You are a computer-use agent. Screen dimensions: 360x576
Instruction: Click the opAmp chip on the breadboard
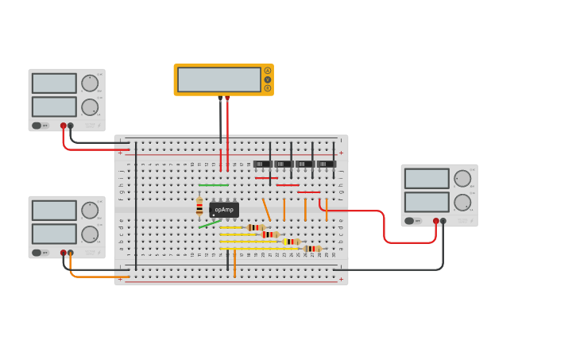coord(224,210)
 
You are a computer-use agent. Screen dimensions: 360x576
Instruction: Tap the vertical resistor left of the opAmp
coord(199,206)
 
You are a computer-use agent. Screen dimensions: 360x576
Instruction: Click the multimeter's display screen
coord(219,79)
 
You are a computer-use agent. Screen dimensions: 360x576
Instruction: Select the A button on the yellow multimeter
coord(268,71)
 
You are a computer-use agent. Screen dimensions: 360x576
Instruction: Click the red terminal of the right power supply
coord(435,221)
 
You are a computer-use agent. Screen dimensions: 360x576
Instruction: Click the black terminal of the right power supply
coord(443,221)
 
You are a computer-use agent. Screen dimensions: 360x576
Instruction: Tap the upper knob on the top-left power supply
coord(90,83)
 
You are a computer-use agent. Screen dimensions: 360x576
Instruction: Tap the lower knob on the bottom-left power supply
coord(90,234)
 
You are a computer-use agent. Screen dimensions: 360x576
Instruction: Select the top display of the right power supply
coord(427,178)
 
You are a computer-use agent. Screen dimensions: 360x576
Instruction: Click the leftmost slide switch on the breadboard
coord(262,164)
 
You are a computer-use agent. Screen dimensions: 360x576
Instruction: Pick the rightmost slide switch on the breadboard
coord(326,164)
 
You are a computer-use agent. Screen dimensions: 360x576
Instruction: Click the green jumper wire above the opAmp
coord(213,185)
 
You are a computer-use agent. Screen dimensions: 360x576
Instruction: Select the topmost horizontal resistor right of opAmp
coord(256,227)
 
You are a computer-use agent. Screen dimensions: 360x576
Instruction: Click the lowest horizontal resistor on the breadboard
coord(312,249)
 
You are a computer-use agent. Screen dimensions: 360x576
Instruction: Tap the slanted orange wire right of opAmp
coord(266,209)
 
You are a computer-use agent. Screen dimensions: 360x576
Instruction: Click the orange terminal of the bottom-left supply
coord(71,253)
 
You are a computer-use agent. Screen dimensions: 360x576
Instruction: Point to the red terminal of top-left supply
coord(64,126)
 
